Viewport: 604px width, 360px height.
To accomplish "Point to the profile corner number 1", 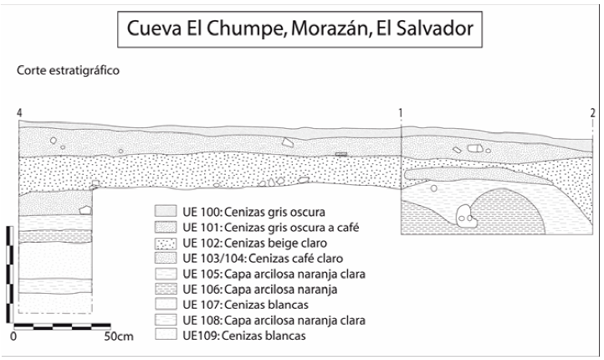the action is [x=402, y=113].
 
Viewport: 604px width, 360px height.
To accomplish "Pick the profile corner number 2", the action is [x=591, y=113].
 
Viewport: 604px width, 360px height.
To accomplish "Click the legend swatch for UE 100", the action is [x=165, y=210].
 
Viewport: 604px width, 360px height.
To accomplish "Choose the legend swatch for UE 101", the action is [x=165, y=226].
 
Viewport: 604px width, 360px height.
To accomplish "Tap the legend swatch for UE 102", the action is [x=165, y=242].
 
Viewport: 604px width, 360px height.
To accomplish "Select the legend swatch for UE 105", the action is [x=165, y=274].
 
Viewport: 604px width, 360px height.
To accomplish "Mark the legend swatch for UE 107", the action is [x=165, y=305].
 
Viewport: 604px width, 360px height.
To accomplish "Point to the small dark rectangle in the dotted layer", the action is [x=340, y=154].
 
